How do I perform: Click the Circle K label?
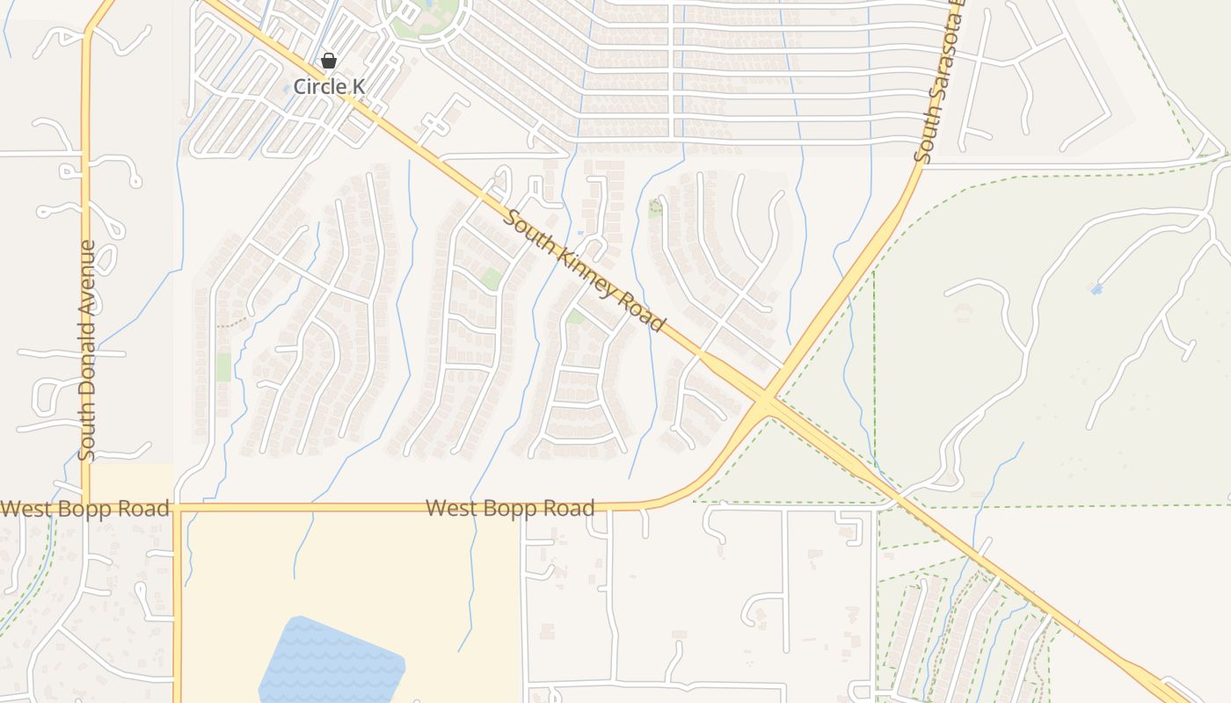(x=328, y=86)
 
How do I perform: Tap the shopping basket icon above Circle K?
(x=328, y=61)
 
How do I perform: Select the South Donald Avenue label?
(x=86, y=351)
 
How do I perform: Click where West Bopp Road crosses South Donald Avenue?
(x=86, y=507)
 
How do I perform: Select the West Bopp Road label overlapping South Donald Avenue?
(x=84, y=509)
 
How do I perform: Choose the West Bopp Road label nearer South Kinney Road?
(x=510, y=508)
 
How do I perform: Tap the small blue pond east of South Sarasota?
(x=1096, y=288)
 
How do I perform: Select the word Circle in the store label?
(x=317, y=86)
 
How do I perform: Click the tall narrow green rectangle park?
(x=223, y=366)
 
